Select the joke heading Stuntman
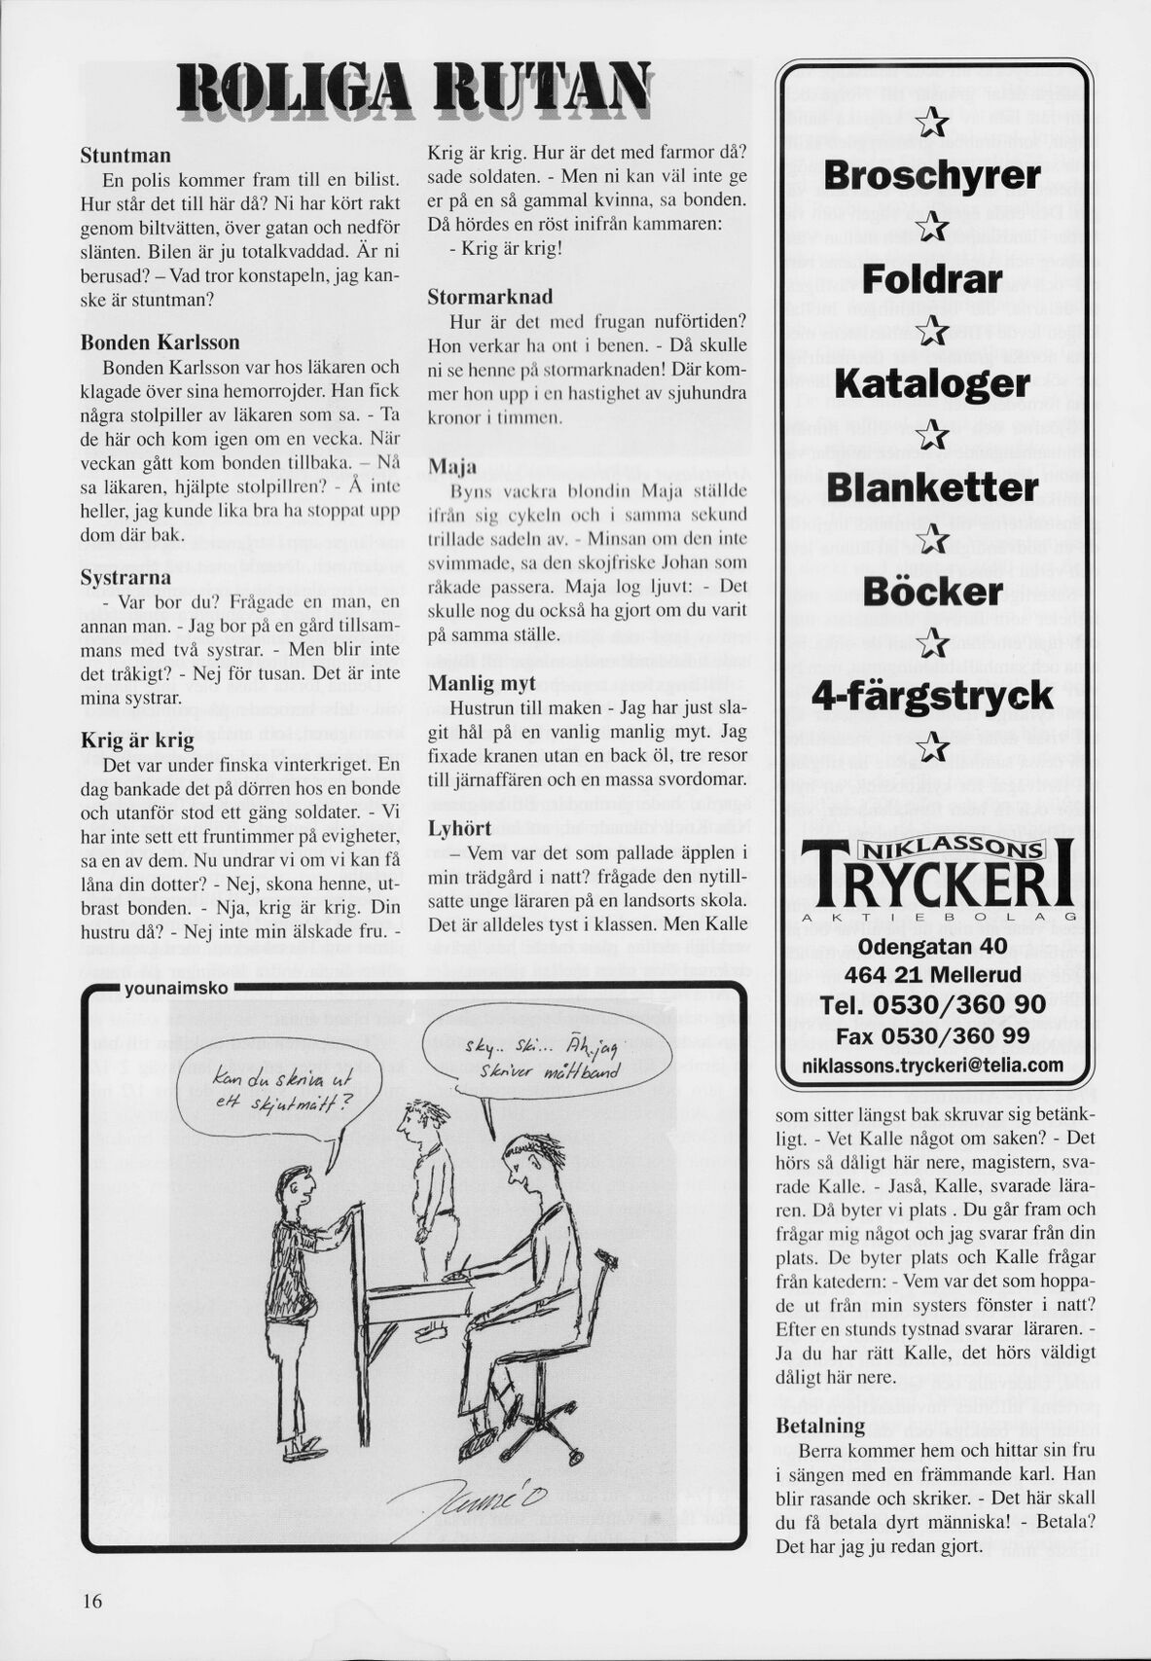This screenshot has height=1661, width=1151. pos(126,156)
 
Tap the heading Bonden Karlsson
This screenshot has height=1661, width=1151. pos(160,343)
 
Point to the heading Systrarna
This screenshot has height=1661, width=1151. pos(126,577)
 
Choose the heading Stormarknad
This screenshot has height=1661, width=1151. pos(489,297)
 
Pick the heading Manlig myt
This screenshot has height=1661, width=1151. pos(483,683)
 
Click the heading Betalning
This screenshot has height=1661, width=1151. pos(820,1426)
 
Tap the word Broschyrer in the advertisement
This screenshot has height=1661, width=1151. pos(931,175)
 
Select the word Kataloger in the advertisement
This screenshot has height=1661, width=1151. pos(931,383)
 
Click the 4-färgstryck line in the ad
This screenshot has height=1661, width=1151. pos(931,696)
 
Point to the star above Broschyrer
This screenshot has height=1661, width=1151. pos(932,123)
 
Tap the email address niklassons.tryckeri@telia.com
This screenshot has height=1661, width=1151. pos(931,1065)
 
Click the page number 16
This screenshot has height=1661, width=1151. pos(92,1602)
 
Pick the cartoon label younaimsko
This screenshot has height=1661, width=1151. pos(177,989)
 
